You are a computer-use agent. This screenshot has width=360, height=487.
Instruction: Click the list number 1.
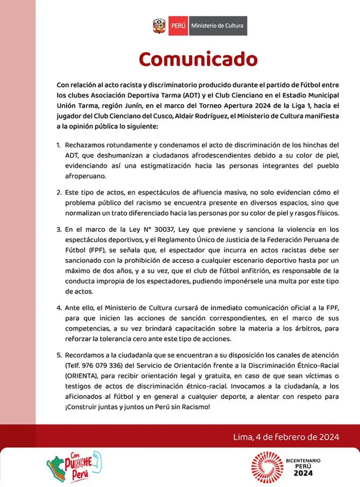click(58, 145)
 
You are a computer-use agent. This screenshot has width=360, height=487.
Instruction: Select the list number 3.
click(58, 229)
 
